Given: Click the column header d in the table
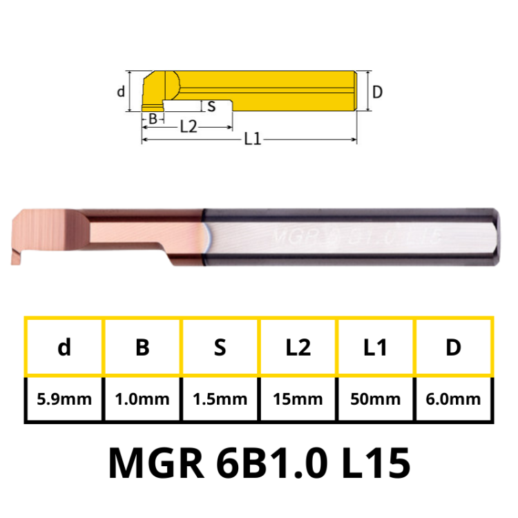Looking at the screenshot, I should coord(64,348).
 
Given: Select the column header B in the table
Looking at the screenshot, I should coord(142,348).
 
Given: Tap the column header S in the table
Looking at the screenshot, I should coord(220,348).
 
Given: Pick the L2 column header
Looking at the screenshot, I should coord(298,348).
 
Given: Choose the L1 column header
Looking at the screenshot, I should coord(375,348).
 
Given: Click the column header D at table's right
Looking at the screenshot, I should coord(453,348).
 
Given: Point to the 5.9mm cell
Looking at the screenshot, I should coord(64,399).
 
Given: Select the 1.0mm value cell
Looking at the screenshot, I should coord(142,399).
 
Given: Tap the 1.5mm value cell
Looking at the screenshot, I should coord(220,399).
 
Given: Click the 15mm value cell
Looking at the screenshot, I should coord(298,399).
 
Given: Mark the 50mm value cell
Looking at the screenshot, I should coord(375,399).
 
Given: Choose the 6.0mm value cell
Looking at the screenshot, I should coord(453,399).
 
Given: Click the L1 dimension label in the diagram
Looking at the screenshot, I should coord(252,139).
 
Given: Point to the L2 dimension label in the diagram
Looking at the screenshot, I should coord(188,126).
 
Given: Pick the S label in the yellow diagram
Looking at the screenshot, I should coord(211,106).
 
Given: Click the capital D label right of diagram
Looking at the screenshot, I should coord(377,91).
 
